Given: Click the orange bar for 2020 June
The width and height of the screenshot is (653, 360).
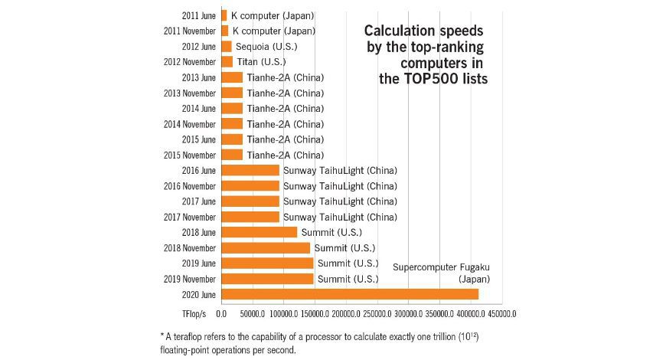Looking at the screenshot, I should coord(349,294).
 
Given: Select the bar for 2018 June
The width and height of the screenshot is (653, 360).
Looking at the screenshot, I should coord(259,232).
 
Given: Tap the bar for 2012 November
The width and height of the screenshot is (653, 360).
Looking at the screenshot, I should coord(227,61).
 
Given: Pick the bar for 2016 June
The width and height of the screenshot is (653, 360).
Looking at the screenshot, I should coord(250,170).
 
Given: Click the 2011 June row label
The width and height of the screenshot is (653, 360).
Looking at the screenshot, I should coord(199,15).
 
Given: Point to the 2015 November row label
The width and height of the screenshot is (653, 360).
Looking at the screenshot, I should coord(191,155).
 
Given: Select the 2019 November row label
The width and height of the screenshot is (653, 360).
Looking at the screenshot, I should coord(191,279).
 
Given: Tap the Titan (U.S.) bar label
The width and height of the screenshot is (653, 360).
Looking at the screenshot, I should coord(260,61).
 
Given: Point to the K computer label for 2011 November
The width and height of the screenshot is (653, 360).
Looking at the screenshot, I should coord(273,31).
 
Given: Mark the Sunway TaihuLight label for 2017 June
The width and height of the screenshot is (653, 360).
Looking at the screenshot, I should coord(340,201).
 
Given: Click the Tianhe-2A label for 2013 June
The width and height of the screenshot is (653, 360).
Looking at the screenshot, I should coord(286,77).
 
